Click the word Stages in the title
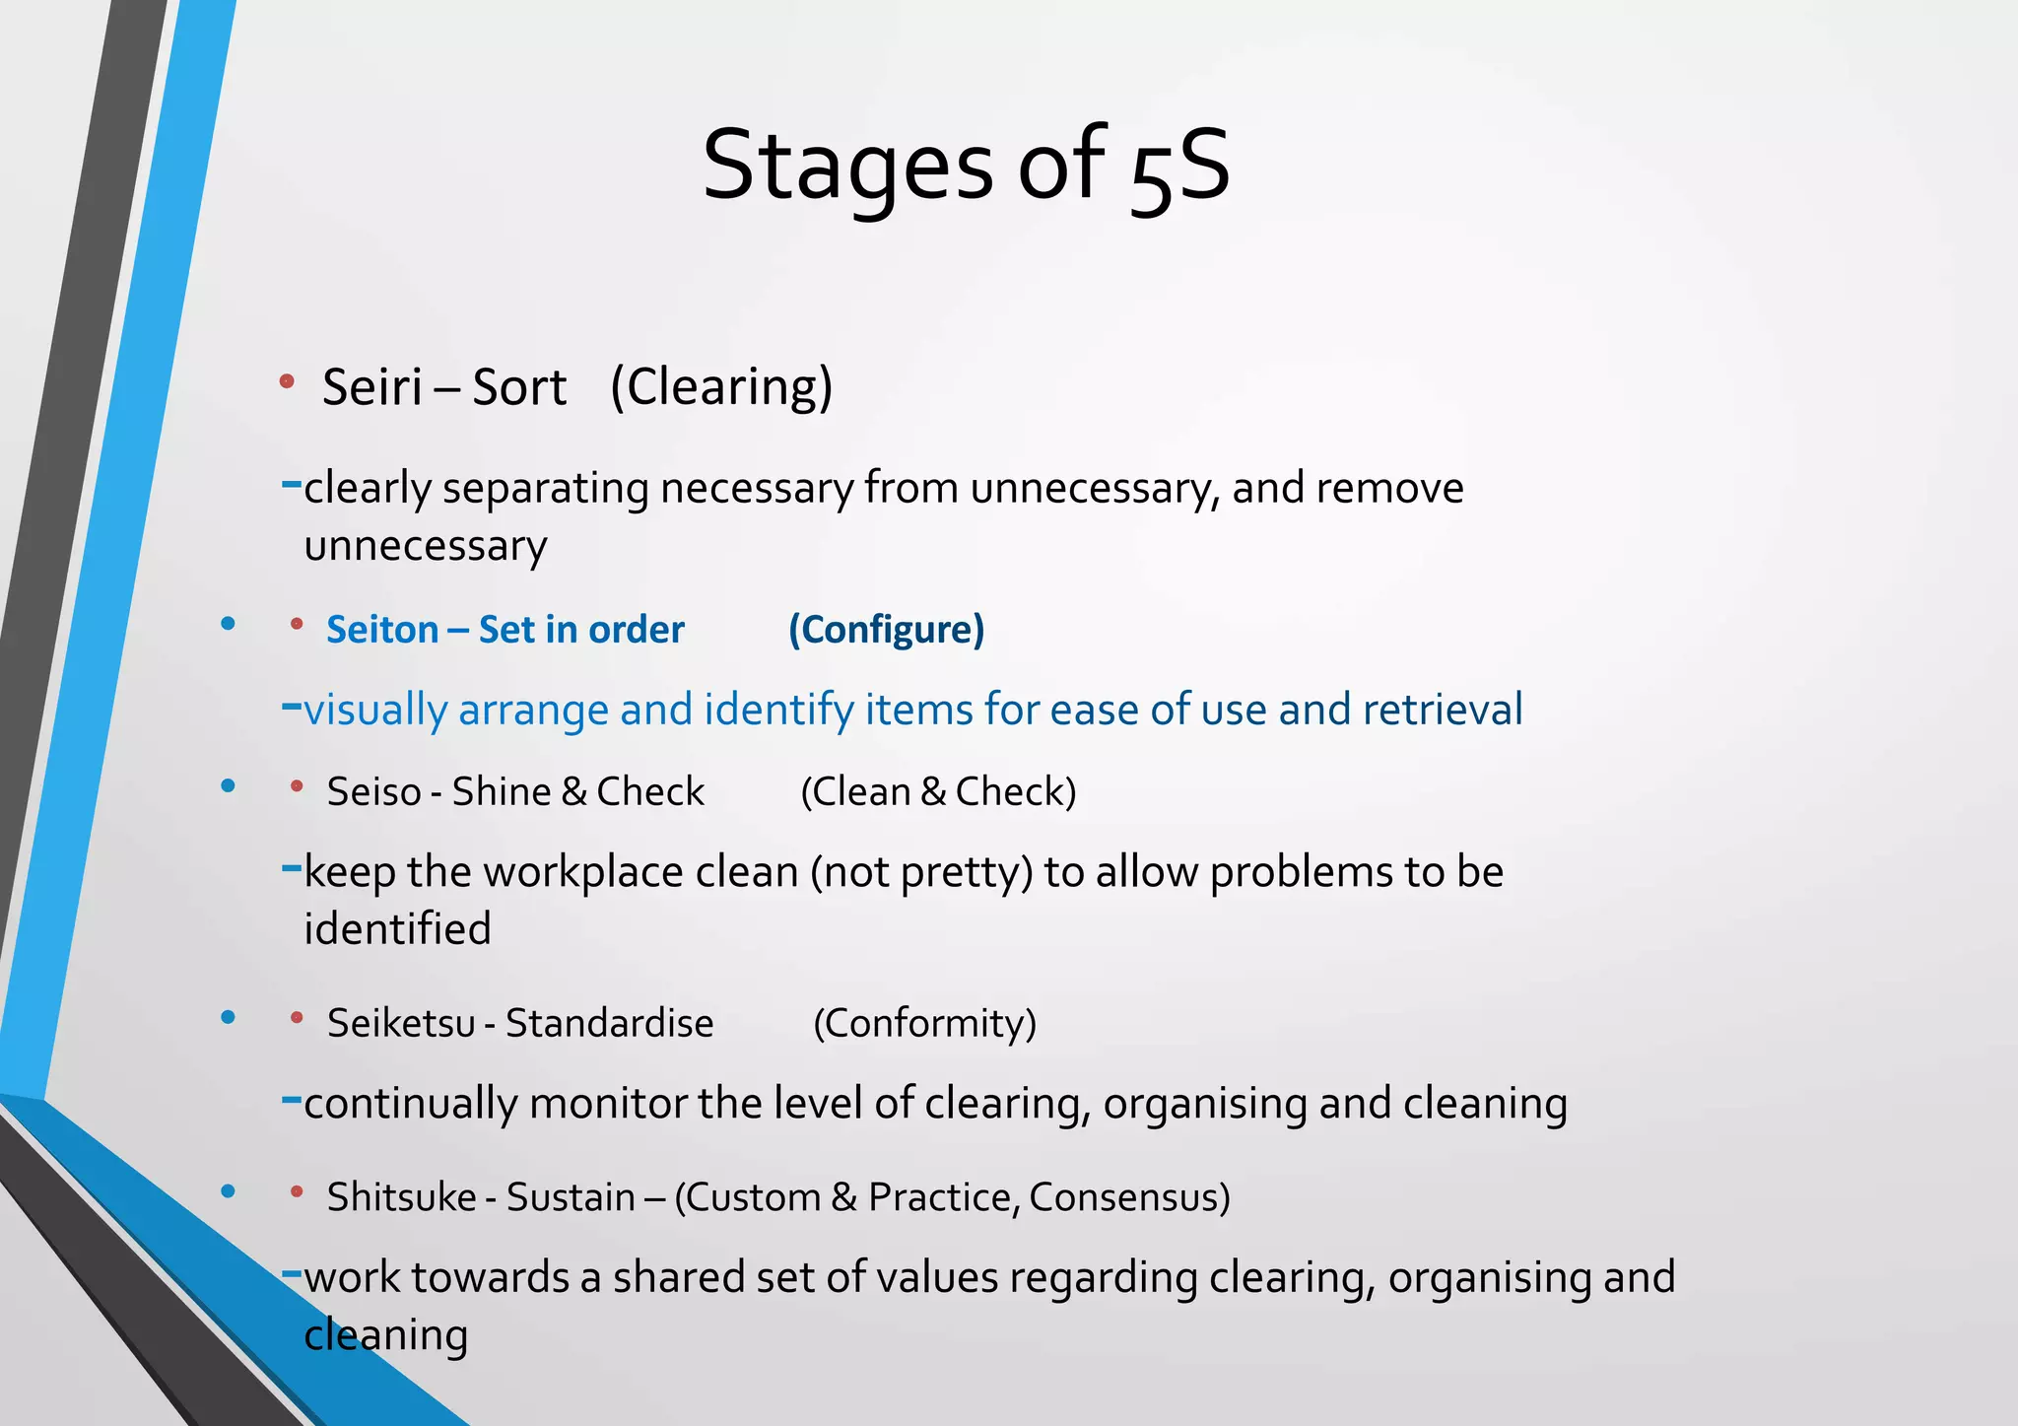coord(847,166)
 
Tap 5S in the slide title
coord(1179,168)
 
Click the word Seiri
coord(371,386)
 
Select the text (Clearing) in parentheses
coord(721,386)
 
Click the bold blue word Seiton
coord(382,630)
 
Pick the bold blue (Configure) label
coord(886,630)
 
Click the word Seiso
coord(373,792)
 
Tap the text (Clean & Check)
coord(938,792)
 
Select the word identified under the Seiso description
coord(397,929)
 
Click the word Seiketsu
coord(401,1024)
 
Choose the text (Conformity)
coord(924,1024)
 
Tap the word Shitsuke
coord(401,1197)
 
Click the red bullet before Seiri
coord(287,380)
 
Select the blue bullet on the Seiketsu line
coord(229,1017)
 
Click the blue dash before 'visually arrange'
coord(291,706)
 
